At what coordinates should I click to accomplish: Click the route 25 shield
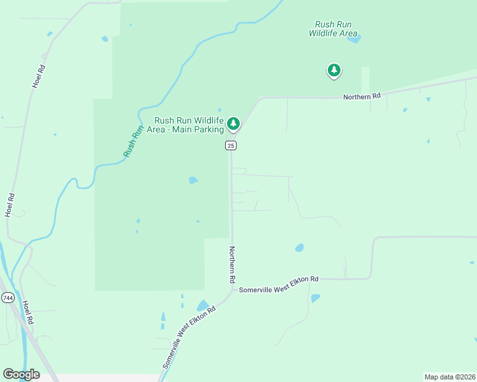(231, 146)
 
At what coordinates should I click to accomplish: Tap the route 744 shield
(8, 297)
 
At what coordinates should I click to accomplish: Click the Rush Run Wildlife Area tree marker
(334, 70)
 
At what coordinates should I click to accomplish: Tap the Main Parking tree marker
(233, 124)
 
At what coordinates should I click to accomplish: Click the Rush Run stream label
(132, 141)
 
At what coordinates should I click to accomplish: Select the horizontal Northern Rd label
(362, 96)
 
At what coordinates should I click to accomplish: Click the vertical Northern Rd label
(233, 265)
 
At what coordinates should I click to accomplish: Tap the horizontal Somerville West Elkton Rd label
(279, 285)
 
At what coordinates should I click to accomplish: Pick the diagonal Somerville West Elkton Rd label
(189, 337)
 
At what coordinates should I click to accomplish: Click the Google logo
(21, 374)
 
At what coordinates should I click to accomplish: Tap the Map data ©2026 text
(450, 376)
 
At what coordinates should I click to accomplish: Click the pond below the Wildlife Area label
(354, 39)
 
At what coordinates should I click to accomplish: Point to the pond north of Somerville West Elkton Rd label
(298, 248)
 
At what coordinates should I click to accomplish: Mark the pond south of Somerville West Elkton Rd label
(315, 297)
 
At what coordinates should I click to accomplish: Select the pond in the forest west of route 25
(193, 180)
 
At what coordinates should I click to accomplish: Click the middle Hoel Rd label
(10, 205)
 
